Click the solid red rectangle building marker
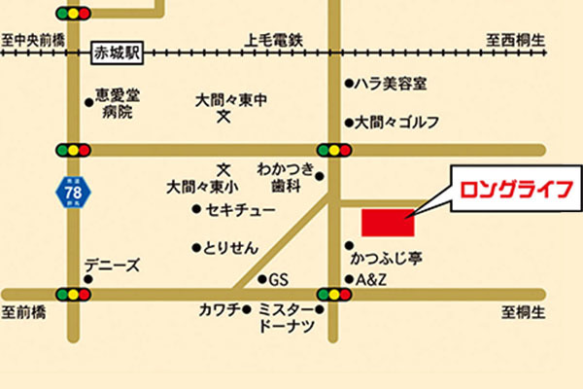click(x=388, y=222)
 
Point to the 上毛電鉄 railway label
click(x=275, y=40)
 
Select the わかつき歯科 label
click(x=288, y=175)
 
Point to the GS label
click(x=279, y=280)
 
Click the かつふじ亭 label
click(x=386, y=260)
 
